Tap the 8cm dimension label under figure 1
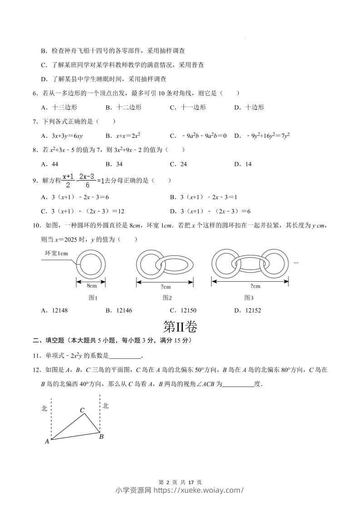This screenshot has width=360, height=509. (x=92, y=286)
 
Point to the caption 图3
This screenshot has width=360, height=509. (x=248, y=298)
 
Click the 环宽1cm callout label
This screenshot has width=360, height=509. (x=56, y=253)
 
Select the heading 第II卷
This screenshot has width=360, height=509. (x=180, y=327)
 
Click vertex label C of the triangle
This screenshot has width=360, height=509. (x=82, y=410)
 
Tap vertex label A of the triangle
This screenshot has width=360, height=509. (x=47, y=440)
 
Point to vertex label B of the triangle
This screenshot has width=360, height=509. (x=101, y=436)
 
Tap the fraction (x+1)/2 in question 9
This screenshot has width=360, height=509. (x=69, y=180)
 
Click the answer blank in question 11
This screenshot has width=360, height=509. (x=125, y=356)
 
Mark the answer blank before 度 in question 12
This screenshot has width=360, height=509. (x=238, y=384)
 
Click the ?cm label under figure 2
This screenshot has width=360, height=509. (x=166, y=286)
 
